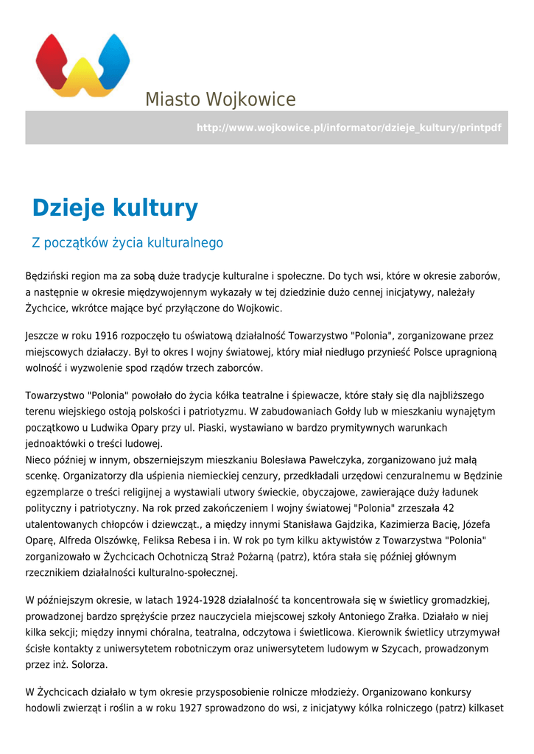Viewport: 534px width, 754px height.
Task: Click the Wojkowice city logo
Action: pyautogui.click(x=82, y=65)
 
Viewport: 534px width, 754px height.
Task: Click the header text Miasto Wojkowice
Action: pyautogui.click(x=220, y=99)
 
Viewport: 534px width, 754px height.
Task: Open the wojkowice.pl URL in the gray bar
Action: pyautogui.click(x=348, y=128)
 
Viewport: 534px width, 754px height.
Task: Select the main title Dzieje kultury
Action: pyautogui.click(x=115, y=208)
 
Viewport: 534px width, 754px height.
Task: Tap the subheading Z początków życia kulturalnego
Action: pyautogui.click(x=127, y=243)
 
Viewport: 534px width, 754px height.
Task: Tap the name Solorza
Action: pyautogui.click(x=88, y=665)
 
